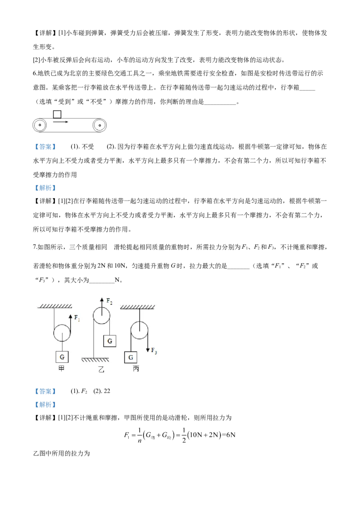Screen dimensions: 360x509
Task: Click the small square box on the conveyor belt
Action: pos(57,114)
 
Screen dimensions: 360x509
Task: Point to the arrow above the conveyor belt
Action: pos(60,122)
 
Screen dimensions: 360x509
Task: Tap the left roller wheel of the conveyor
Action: pos(40,125)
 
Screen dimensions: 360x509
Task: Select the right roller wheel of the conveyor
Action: pos(99,125)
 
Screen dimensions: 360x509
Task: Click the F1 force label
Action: pos(77,318)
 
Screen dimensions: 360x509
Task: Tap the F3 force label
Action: pos(154,351)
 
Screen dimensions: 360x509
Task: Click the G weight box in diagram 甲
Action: pos(62,357)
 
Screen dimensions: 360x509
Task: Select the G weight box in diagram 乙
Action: pos(110,341)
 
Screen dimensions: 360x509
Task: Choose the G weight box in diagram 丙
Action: pos(130,357)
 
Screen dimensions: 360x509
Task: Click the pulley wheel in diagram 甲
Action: pos(62,333)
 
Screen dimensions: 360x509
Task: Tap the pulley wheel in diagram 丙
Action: pos(139,330)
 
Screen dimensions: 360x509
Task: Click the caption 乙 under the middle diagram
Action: pos(101,369)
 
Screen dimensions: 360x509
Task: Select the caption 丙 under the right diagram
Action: pos(136,369)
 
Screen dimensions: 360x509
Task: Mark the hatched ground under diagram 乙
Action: pos(95,360)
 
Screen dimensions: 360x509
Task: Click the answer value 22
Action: pos(107,391)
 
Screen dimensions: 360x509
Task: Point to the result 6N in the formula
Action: pos(230,435)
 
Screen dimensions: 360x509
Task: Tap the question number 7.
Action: pos(35,247)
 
